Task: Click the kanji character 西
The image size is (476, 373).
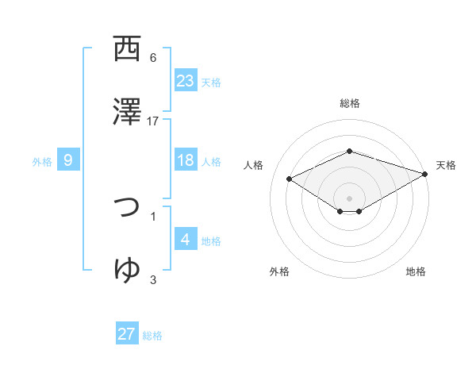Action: (127, 50)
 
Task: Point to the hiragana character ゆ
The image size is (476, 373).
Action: (127, 270)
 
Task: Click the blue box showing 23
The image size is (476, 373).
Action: (186, 80)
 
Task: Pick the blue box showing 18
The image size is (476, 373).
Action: (186, 160)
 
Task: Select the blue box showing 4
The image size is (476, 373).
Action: (186, 240)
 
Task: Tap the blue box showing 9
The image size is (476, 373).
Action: (68, 160)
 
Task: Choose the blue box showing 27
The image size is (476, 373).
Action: (127, 333)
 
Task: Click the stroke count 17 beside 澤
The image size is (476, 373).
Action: (153, 121)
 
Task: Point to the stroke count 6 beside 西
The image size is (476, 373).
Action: (153, 58)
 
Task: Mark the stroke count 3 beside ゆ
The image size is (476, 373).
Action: (153, 279)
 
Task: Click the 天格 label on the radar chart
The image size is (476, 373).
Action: (446, 165)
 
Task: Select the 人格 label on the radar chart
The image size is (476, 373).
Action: (253, 165)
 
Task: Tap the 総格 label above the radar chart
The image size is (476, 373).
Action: (349, 103)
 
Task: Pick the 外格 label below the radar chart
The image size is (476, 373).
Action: (279, 271)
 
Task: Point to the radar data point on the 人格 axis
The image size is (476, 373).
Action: (290, 179)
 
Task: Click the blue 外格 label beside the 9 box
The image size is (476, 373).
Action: (42, 161)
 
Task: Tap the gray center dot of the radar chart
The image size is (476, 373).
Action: (349, 198)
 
